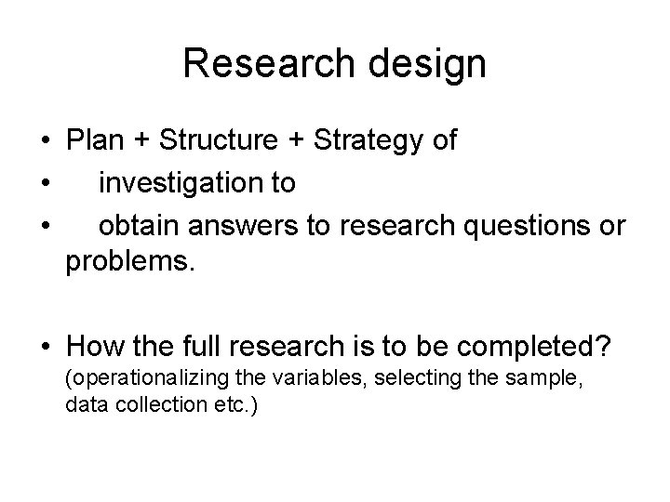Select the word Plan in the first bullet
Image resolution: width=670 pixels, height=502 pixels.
click(x=96, y=141)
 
